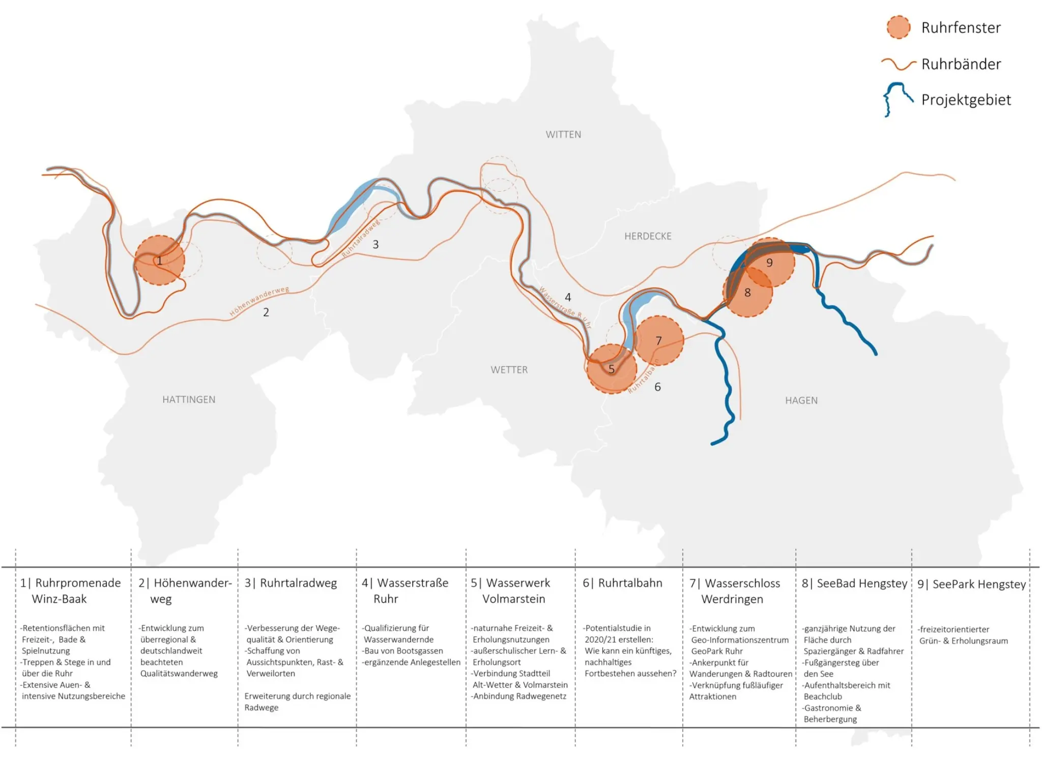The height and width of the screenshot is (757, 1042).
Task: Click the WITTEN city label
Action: pyautogui.click(x=563, y=135)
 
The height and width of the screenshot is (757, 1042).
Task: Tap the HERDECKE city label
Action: pyautogui.click(x=648, y=236)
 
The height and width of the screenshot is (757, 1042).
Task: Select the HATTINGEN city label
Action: pyautogui.click(x=189, y=400)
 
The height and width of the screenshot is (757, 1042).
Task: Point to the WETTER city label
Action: pyautogui.click(x=509, y=370)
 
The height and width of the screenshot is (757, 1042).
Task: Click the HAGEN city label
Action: pyautogui.click(x=801, y=400)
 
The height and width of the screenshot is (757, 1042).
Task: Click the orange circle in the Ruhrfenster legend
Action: pyautogui.click(x=898, y=27)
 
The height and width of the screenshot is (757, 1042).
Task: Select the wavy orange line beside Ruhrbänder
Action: pyautogui.click(x=899, y=64)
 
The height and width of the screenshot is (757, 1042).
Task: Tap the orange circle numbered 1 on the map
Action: pyautogui.click(x=159, y=260)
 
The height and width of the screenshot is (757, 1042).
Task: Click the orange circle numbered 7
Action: pyautogui.click(x=658, y=341)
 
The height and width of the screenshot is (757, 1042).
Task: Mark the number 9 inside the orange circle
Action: pyautogui.click(x=769, y=263)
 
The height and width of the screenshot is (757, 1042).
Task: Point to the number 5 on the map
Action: pyautogui.click(x=612, y=369)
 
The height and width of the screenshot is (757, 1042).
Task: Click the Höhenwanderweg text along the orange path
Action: pyautogui.click(x=259, y=301)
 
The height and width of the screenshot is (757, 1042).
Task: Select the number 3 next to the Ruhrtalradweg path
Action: pyautogui.click(x=375, y=244)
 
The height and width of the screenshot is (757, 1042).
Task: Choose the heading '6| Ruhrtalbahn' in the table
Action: pyautogui.click(x=622, y=583)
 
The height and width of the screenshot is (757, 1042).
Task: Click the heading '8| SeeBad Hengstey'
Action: pyautogui.click(x=854, y=584)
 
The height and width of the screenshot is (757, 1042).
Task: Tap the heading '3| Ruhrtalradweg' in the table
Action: pyautogui.click(x=291, y=584)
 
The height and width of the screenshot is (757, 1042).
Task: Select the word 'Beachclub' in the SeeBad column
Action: pyautogui.click(x=823, y=696)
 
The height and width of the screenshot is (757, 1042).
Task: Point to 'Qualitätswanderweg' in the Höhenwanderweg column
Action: pyautogui.click(x=179, y=674)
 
